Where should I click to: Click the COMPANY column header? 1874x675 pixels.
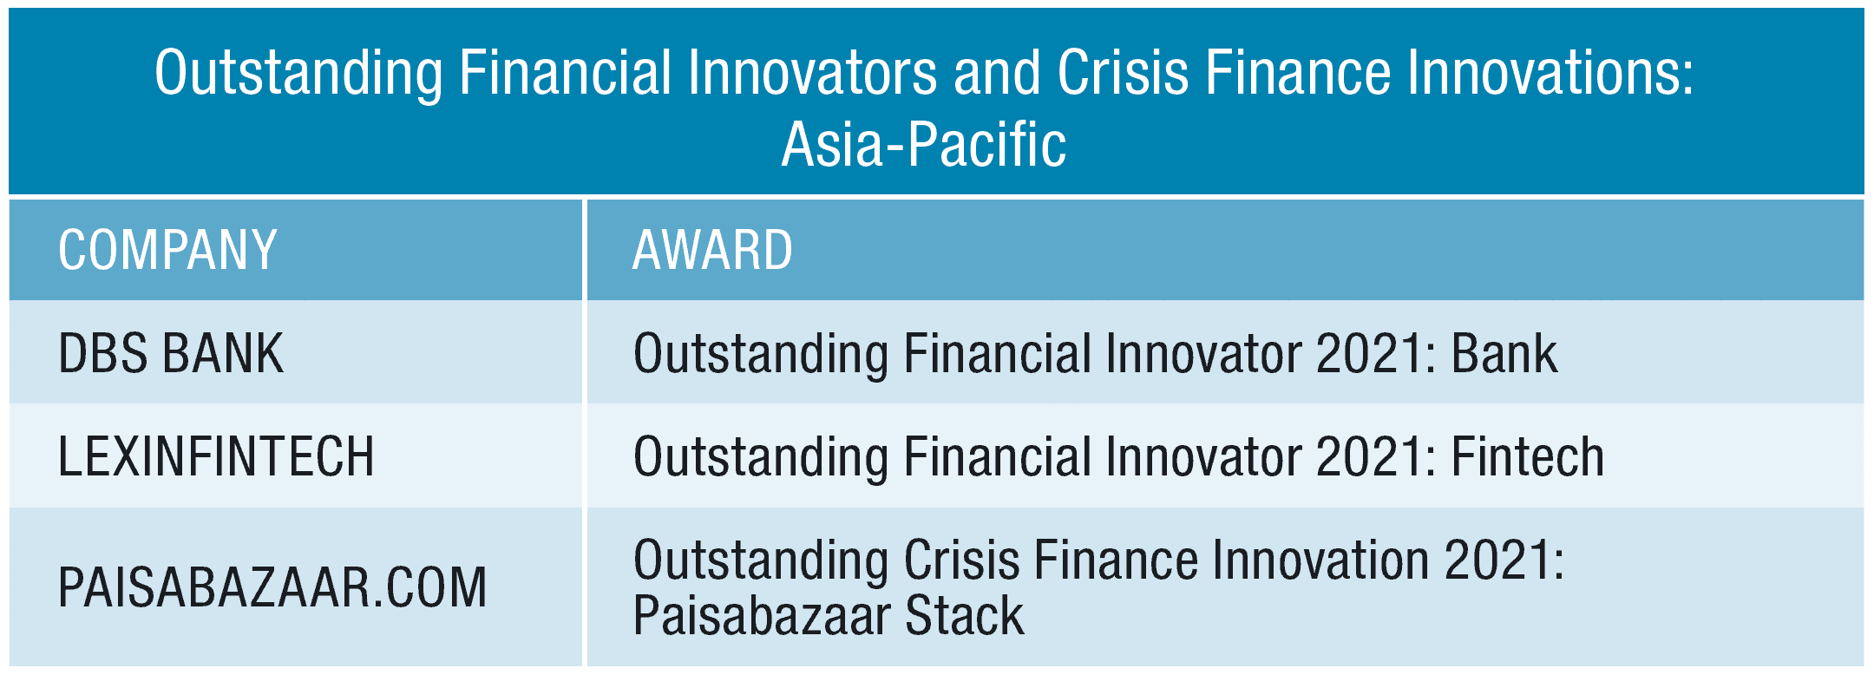[167, 250]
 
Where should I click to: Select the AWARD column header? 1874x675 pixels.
[712, 250]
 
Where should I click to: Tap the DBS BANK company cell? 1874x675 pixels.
[171, 353]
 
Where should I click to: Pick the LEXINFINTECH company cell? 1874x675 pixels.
[216, 456]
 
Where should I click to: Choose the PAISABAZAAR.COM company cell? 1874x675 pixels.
[272, 587]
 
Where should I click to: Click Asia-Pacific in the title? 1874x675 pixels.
[924, 144]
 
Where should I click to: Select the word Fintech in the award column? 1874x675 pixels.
[1528, 456]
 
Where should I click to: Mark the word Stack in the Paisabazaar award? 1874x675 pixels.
[965, 615]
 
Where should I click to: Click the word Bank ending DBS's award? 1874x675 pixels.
[1504, 353]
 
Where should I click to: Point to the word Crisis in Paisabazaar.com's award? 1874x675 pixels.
[962, 560]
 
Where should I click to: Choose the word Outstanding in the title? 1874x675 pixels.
[298, 73]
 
